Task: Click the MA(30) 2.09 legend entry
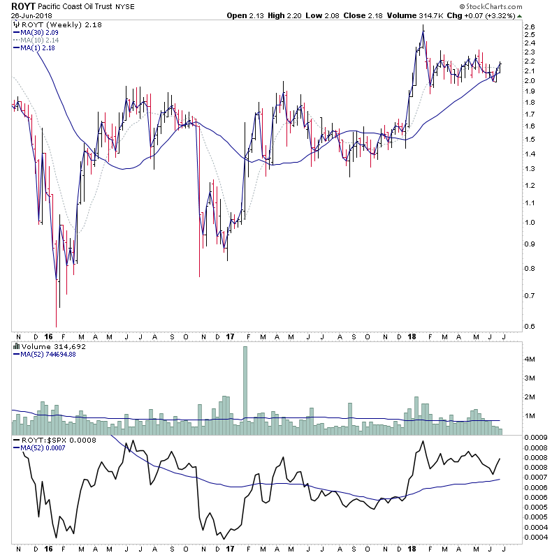pos(36,32)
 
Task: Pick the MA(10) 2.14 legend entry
pos(36,40)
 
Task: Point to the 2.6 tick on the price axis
pos(529,27)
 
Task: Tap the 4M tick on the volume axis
pos(530,359)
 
